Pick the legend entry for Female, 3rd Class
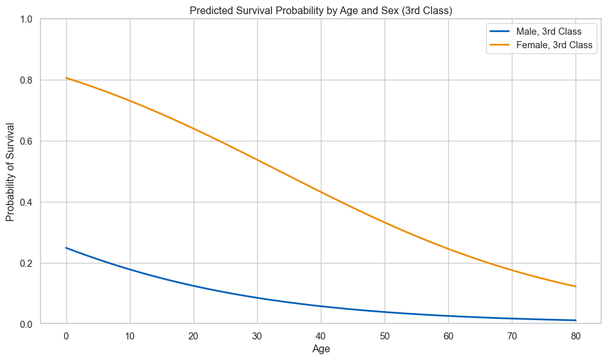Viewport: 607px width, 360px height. click(554, 46)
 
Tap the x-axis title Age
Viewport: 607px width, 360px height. click(321, 348)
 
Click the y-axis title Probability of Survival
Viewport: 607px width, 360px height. click(10, 172)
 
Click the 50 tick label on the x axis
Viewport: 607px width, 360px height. click(385, 335)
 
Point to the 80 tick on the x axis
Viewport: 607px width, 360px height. click(575, 335)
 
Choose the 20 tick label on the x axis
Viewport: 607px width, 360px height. click(194, 335)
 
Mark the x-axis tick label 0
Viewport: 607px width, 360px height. click(66, 335)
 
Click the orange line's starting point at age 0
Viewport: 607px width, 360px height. click(66, 78)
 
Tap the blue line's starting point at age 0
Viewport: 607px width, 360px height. click(66, 248)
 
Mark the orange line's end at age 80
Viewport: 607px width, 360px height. click(575, 287)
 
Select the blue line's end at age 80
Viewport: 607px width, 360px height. click(575, 320)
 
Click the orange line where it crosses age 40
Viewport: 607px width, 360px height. click(321, 192)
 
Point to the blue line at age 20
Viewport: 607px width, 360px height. click(194, 285)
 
